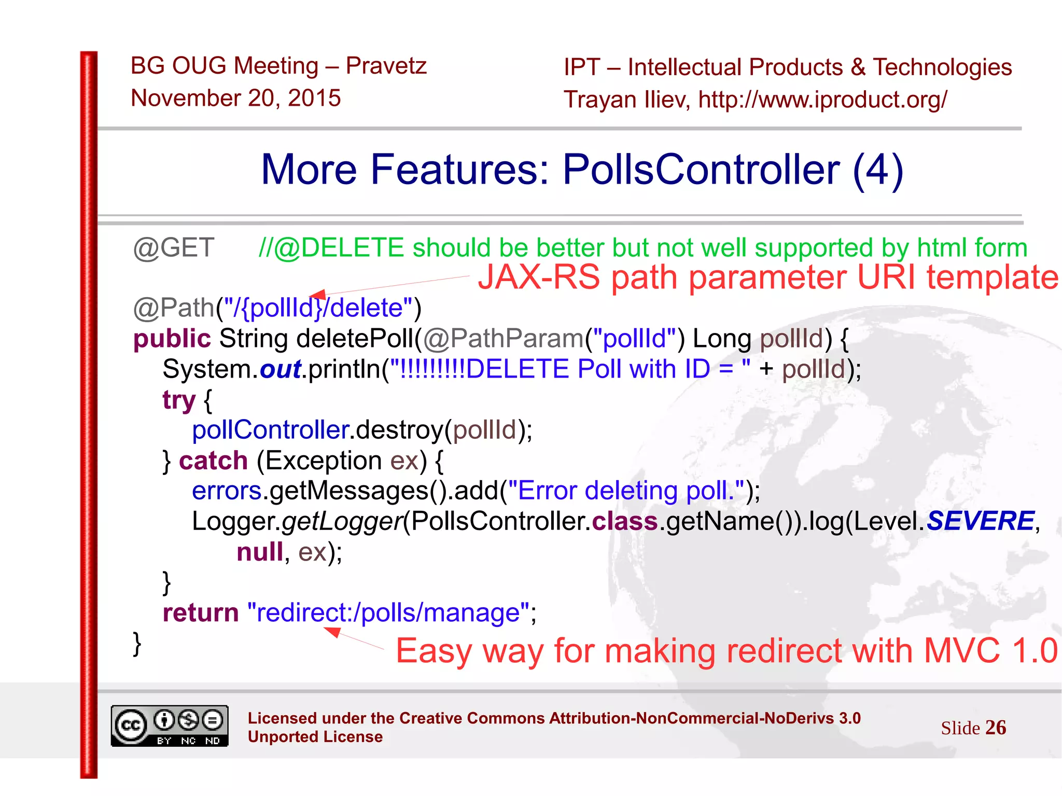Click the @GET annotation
[174, 248]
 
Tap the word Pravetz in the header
[386, 66]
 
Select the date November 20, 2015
[236, 98]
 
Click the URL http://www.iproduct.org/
[822, 100]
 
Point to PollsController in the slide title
[701, 170]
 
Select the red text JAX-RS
[539, 277]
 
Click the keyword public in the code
[172, 339]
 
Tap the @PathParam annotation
[503, 339]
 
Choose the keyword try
[179, 400]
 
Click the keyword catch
[213, 460]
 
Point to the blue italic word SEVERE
[980, 521]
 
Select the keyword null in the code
[260, 552]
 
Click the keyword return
[201, 613]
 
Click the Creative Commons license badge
[170, 726]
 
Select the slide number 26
[995, 728]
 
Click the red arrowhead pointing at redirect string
[332, 632]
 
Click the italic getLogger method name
[342, 521]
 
